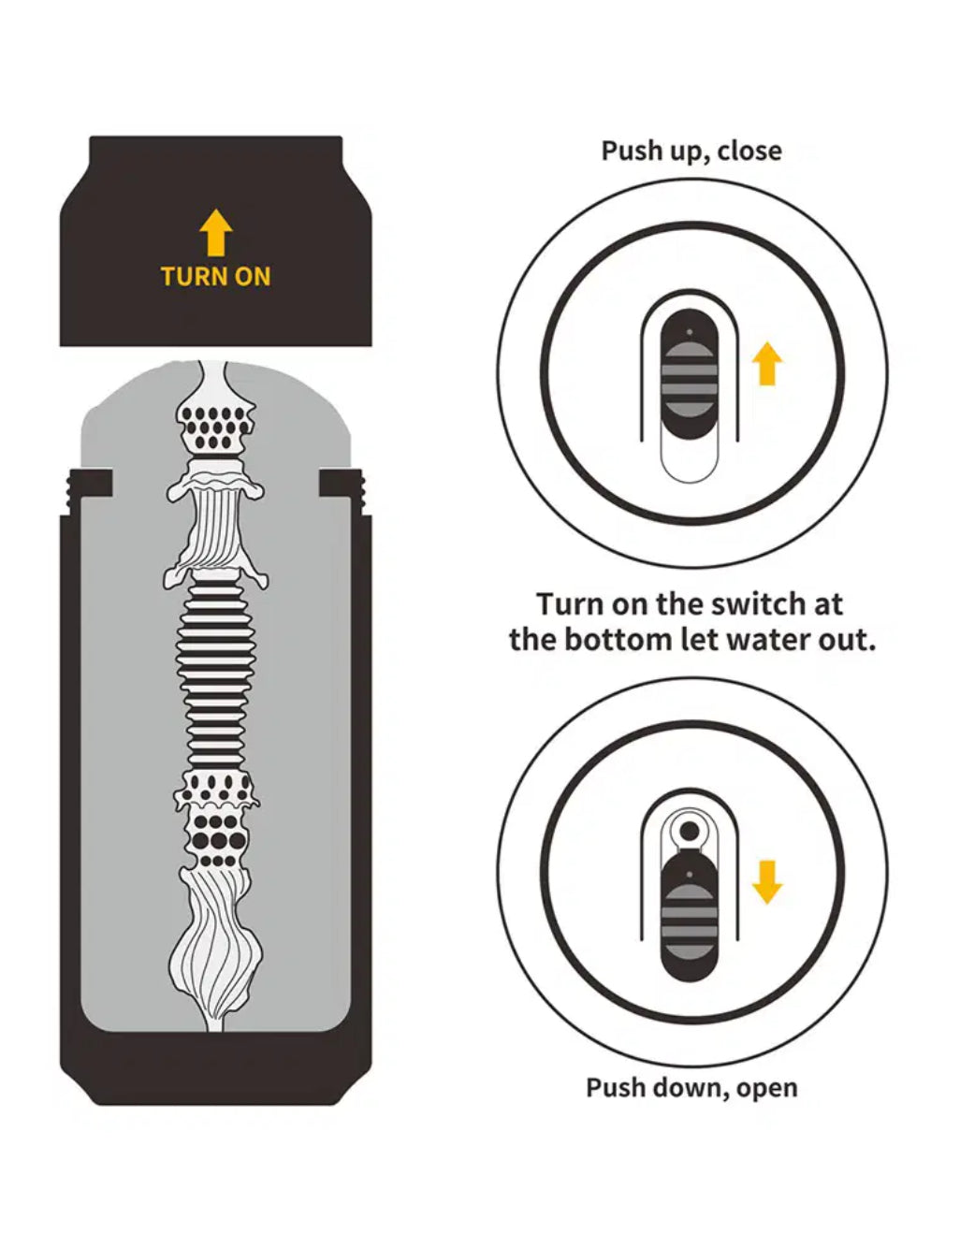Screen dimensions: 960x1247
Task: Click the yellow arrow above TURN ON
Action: tap(216, 232)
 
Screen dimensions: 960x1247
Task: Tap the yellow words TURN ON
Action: tap(215, 277)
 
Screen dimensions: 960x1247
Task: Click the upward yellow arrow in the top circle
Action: tap(767, 364)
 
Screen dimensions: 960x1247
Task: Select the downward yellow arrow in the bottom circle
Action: tap(767, 882)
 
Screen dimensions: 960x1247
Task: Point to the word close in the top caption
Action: tap(749, 151)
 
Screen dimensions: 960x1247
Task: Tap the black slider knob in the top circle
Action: tap(690, 375)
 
